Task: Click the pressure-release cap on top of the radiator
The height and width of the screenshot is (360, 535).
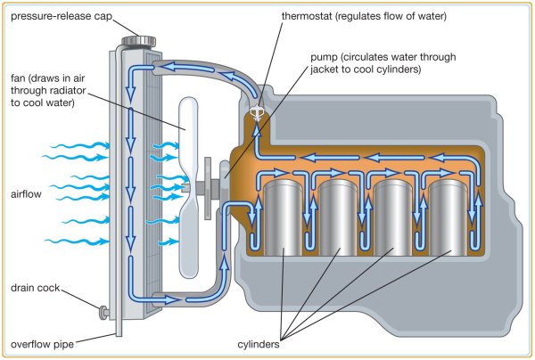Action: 141,39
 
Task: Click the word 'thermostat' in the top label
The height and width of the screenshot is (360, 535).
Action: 309,16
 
